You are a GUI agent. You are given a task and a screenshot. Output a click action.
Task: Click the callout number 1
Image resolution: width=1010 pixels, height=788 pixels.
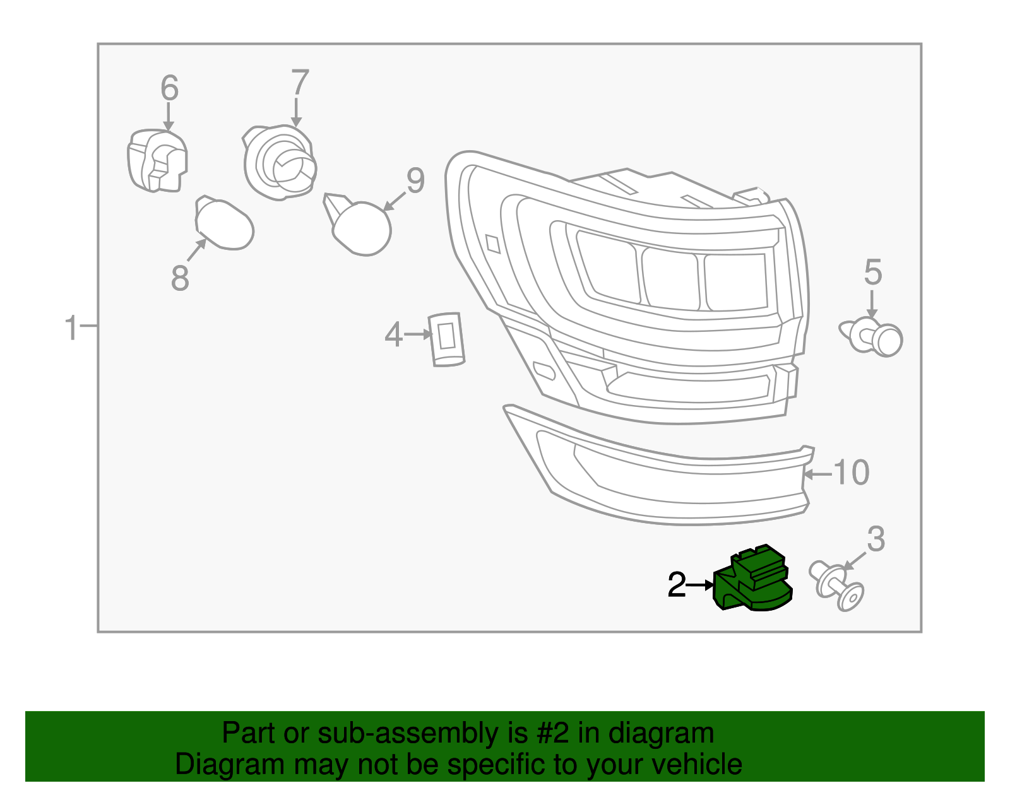click(71, 328)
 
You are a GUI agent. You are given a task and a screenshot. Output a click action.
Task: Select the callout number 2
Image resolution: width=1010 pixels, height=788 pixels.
click(677, 585)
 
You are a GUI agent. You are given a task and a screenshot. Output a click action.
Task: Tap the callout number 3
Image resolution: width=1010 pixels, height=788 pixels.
click(876, 539)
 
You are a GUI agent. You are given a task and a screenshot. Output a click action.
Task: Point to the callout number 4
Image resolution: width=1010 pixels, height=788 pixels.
click(393, 334)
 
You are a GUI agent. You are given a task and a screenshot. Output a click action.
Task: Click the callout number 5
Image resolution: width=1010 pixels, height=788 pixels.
click(872, 273)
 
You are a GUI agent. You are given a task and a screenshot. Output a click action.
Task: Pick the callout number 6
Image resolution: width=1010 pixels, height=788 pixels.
click(169, 88)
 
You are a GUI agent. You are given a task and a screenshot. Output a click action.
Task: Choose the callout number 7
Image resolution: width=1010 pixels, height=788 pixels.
click(300, 83)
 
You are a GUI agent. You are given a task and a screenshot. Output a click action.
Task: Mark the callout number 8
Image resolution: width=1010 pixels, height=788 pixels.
click(180, 278)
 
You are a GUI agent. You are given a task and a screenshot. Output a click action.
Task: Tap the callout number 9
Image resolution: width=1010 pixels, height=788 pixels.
click(415, 181)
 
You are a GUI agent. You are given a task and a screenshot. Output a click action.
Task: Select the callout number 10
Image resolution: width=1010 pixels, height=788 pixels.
click(852, 473)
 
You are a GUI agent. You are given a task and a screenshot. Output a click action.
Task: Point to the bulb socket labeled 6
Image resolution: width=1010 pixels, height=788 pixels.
click(157, 160)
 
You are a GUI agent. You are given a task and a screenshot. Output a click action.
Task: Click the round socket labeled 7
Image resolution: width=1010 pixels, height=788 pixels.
click(280, 163)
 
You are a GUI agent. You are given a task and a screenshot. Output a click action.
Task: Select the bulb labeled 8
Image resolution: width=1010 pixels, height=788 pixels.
click(224, 225)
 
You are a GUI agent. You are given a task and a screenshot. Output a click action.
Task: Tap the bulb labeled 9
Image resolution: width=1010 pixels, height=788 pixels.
click(361, 228)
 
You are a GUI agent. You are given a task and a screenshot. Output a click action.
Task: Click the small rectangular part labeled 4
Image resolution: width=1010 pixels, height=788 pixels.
click(447, 339)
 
